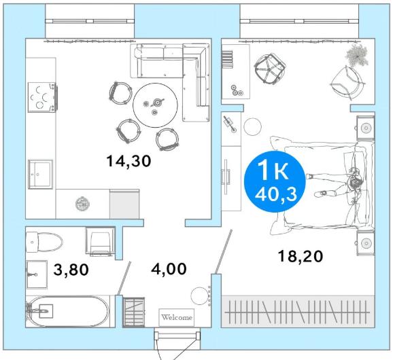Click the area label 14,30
pos(128,161)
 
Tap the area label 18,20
pos(300,257)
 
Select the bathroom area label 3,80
pos(71,270)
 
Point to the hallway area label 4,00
pos(169,269)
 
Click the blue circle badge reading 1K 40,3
pos(275,181)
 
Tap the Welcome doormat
pos(177,317)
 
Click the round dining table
pos(155,105)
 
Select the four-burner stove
pos(42,97)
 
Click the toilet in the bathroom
pos(44,242)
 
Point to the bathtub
pos(67,311)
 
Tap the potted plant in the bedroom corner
pos(357,56)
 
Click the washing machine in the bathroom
pos(100,241)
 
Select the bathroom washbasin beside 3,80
pos(37,274)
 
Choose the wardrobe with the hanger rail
pos(298,312)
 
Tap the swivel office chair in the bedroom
pos(269,69)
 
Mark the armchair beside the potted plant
pos(348,82)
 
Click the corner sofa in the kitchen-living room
pos(170,82)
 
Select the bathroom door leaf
pos(124,278)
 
